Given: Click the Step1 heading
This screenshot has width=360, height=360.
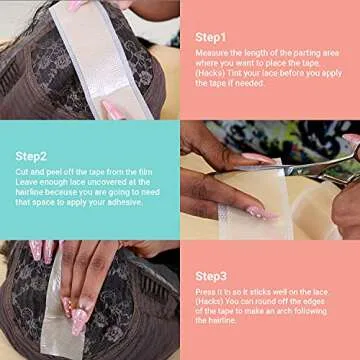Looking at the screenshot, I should pos(211,37).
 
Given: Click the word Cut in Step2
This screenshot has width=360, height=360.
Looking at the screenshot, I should pos(22,173).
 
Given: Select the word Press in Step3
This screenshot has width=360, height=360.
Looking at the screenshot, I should pos(207,292).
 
